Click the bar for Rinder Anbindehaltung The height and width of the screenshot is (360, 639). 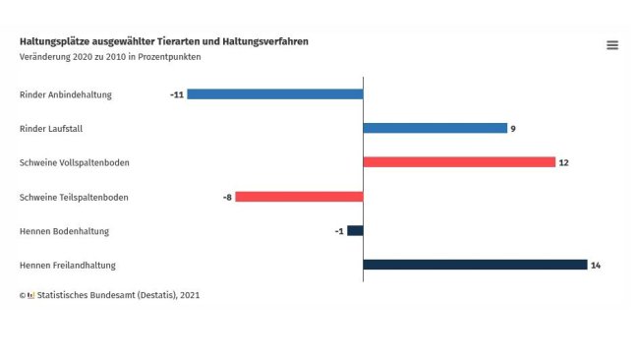(x=275, y=94)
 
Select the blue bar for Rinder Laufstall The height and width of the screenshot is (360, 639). (x=435, y=128)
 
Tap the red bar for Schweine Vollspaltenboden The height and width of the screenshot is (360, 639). (x=459, y=162)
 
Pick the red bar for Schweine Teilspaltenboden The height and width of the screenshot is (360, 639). (x=299, y=197)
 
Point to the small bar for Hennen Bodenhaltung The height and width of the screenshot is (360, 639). (x=355, y=231)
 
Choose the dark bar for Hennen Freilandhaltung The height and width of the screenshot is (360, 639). (x=475, y=265)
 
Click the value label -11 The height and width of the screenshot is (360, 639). (x=177, y=94)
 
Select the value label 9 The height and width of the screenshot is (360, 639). (x=513, y=128)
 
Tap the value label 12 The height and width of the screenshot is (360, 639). (x=563, y=162)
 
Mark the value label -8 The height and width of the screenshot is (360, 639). (x=227, y=197)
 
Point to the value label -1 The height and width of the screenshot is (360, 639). (x=339, y=231)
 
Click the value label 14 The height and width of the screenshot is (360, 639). (x=595, y=265)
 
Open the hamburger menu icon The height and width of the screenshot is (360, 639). (x=612, y=45)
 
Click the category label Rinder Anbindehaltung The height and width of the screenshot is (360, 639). (x=65, y=94)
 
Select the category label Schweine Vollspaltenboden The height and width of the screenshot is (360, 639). (x=74, y=162)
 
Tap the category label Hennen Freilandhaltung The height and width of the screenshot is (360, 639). (x=68, y=265)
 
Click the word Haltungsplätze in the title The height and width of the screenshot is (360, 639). (x=51, y=41)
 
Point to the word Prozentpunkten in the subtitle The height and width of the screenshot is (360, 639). (x=170, y=56)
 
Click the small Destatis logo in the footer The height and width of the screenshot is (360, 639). (x=30, y=294)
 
